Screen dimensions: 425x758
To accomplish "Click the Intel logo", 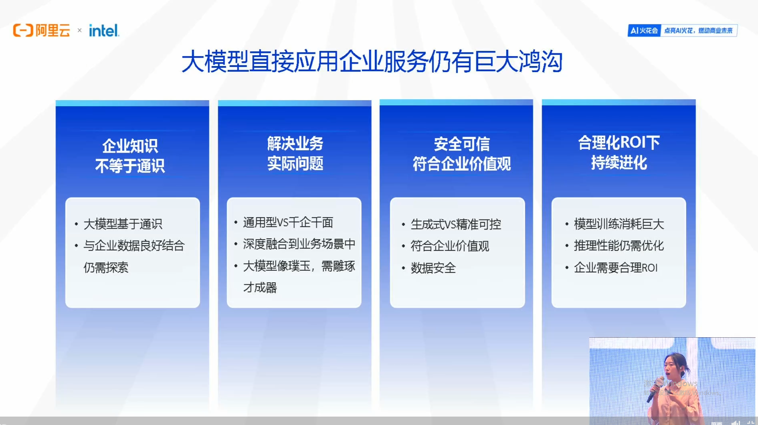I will tap(104, 30).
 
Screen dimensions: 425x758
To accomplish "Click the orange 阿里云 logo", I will tap(42, 30).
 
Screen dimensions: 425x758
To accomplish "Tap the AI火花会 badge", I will tap(644, 30).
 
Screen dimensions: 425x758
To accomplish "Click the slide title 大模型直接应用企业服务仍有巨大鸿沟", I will tap(372, 62).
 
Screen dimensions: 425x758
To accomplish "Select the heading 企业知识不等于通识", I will tap(130, 156).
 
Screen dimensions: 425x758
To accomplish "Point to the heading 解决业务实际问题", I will tap(295, 153).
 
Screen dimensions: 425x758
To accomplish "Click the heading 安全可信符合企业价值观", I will tap(461, 154).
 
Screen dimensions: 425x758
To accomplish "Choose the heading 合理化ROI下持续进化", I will tap(619, 153).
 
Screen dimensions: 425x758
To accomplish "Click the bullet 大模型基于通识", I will tap(123, 224).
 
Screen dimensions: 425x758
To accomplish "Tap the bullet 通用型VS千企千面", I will tap(288, 222).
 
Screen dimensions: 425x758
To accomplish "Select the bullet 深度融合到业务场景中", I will tap(299, 244).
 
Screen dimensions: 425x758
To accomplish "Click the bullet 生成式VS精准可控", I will tap(456, 224).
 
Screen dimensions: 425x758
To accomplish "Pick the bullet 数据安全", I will tap(433, 268).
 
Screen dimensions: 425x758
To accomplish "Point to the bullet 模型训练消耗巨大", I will tap(619, 224).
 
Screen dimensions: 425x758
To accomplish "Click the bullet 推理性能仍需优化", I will tap(619, 246).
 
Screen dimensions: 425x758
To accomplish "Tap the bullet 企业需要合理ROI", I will tap(615, 268).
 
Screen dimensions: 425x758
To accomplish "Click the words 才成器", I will tap(260, 287).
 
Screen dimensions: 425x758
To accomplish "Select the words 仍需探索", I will tap(106, 268).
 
